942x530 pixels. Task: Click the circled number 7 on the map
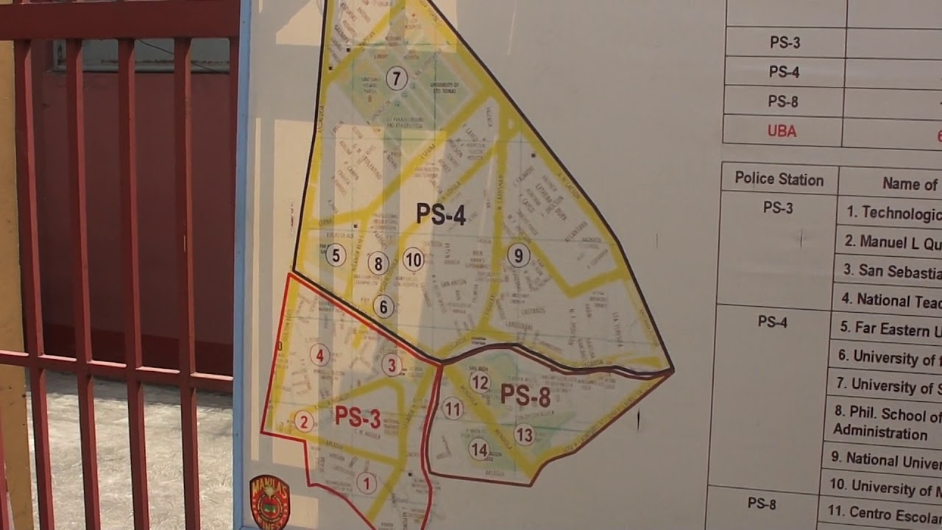tap(397, 78)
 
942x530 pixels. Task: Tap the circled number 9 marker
tap(519, 255)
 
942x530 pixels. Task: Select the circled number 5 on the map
tap(336, 255)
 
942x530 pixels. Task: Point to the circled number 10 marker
tap(414, 259)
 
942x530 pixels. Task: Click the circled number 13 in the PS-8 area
tap(524, 435)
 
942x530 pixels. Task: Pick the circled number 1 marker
tap(366, 483)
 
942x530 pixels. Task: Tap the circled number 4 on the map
tap(319, 356)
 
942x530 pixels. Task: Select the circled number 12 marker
tap(480, 382)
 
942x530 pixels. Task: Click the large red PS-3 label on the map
tap(358, 417)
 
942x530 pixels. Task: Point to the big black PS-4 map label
tap(441, 214)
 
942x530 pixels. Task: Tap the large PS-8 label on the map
tap(525, 396)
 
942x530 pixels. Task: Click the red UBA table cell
tap(782, 132)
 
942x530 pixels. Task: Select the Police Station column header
tap(779, 180)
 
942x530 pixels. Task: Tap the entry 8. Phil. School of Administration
tap(888, 423)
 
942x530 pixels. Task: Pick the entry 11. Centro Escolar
tap(883, 512)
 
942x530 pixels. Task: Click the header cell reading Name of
tap(910, 184)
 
